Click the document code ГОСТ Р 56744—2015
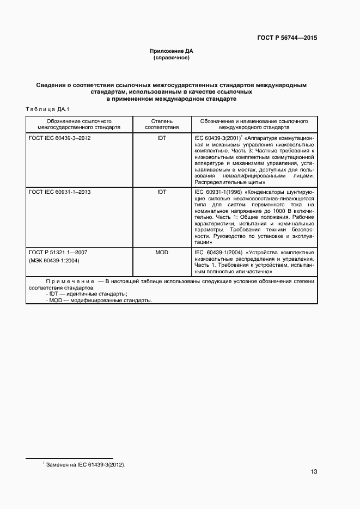(x=286, y=38)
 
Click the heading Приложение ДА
(x=172, y=51)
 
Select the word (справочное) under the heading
(x=172, y=57)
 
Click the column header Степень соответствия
(x=162, y=124)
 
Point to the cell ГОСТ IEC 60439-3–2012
(x=59, y=138)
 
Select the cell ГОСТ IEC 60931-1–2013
(x=59, y=192)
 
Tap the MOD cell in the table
(x=162, y=253)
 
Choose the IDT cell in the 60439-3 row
(x=162, y=138)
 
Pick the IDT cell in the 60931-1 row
(x=162, y=192)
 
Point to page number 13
(x=314, y=472)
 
